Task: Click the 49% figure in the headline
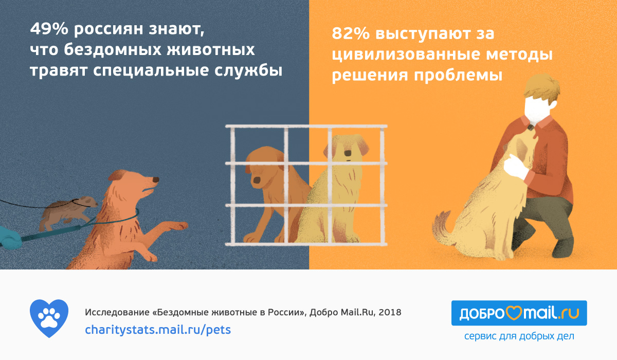click(49, 29)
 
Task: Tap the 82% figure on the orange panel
click(351, 34)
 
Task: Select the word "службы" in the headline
click(248, 70)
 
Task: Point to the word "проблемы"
click(458, 76)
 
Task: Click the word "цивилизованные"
click(406, 55)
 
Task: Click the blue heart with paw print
click(49, 318)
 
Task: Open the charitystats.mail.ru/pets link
click(158, 330)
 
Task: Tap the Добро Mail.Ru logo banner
click(519, 313)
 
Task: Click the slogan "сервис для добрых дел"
click(519, 336)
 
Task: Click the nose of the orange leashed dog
click(156, 179)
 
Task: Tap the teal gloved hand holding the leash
click(10, 238)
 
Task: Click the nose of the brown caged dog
click(257, 181)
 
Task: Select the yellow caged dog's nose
click(348, 153)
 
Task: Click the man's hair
click(541, 88)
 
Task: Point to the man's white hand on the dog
click(516, 167)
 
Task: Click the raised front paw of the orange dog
click(176, 225)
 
